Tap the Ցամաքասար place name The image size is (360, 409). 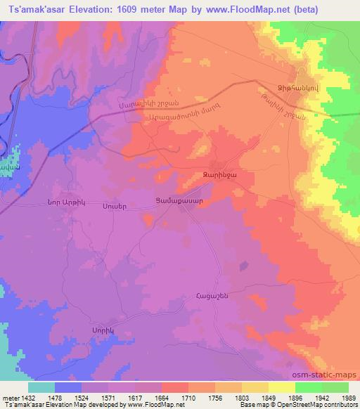pyautogui.click(x=179, y=200)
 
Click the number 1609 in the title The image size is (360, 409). pyautogui.click(x=121, y=9)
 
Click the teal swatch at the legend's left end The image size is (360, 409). pyautogui.click(x=41, y=387)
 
